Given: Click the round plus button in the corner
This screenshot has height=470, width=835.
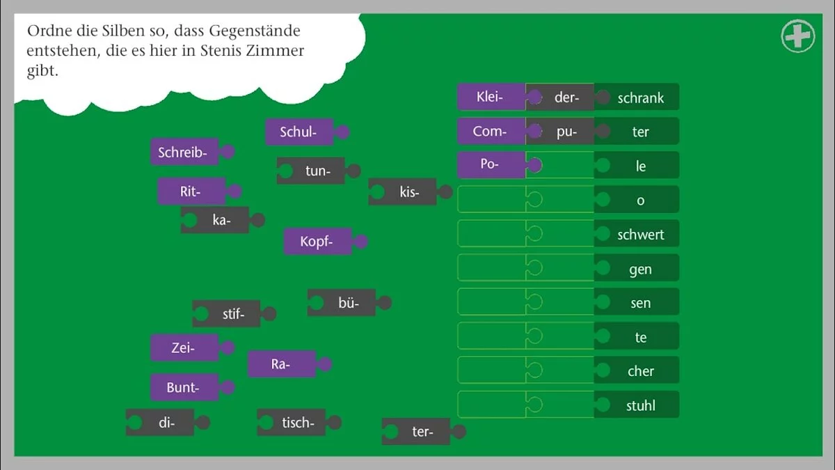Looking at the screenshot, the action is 798,36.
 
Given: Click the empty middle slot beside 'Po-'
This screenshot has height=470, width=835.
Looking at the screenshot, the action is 560,165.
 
